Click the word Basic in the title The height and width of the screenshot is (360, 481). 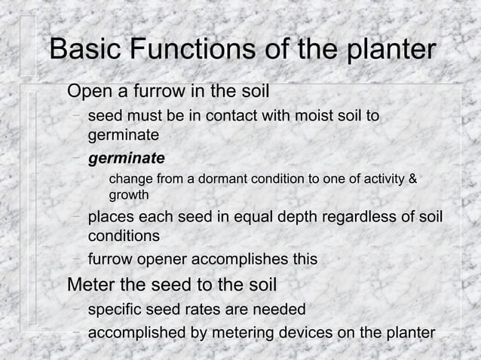[x=85, y=50]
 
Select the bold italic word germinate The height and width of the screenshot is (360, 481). [x=126, y=159]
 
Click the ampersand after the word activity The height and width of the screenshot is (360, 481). [x=412, y=179]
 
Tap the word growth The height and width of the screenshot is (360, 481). [x=129, y=195]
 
